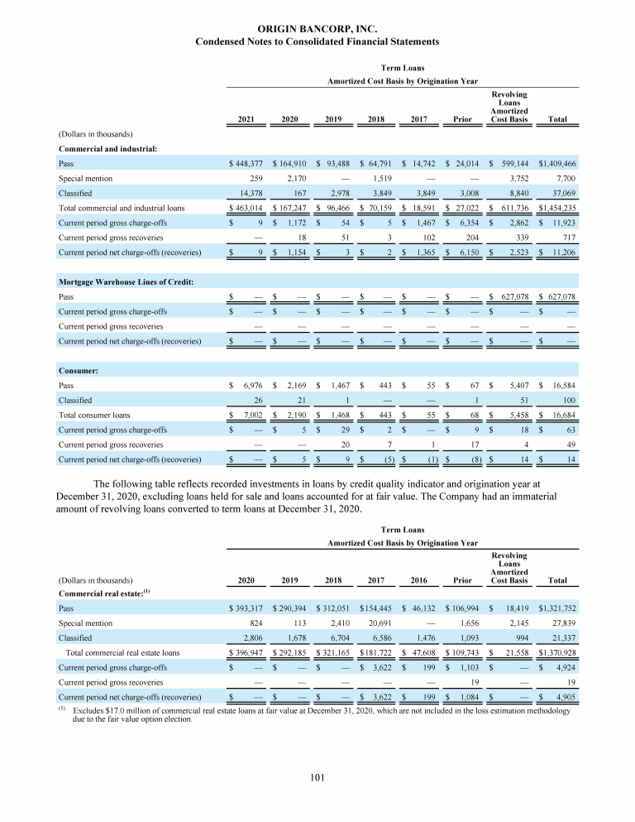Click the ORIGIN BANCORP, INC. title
[x=317, y=29]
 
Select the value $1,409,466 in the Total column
[x=556, y=164]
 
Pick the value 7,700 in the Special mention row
[x=564, y=178]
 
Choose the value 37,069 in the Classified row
[x=562, y=193]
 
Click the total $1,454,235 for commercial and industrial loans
[x=556, y=208]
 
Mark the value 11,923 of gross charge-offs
[x=562, y=223]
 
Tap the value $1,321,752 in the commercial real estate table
[x=556, y=607]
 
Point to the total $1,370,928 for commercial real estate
[x=556, y=651]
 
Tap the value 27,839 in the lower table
[x=562, y=622]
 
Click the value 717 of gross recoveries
[x=568, y=238]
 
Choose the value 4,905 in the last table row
[x=566, y=696]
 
